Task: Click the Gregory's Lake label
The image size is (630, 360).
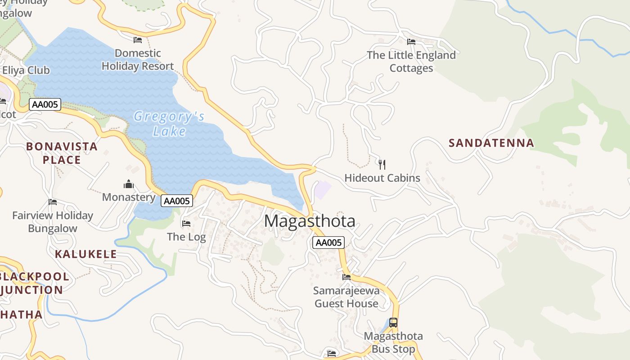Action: pos(169,124)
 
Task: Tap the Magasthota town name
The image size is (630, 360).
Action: pos(310,221)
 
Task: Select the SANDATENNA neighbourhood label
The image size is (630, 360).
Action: pos(491,143)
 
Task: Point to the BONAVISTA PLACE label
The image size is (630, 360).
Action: pos(62,153)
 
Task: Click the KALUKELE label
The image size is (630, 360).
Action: pos(86,254)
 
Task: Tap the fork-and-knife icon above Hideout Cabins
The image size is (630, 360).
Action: pos(382,164)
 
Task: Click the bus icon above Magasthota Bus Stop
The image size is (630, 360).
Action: pos(393,323)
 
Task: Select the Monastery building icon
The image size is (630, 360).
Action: pos(129,184)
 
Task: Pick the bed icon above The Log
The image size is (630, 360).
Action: pos(186,223)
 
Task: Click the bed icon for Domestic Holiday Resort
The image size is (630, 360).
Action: pos(138,40)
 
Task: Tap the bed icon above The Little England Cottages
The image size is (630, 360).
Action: pos(411,42)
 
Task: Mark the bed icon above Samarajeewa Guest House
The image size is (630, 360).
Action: pos(346,277)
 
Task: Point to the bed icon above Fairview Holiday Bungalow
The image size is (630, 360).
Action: pos(53,202)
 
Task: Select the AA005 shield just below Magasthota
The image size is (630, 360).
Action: pos(328,243)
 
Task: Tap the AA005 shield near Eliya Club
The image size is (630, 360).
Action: pos(45,105)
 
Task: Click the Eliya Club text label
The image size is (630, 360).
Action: pos(26,70)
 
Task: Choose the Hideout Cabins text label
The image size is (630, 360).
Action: pos(382,178)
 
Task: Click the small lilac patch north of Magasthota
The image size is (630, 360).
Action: pos(322,190)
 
